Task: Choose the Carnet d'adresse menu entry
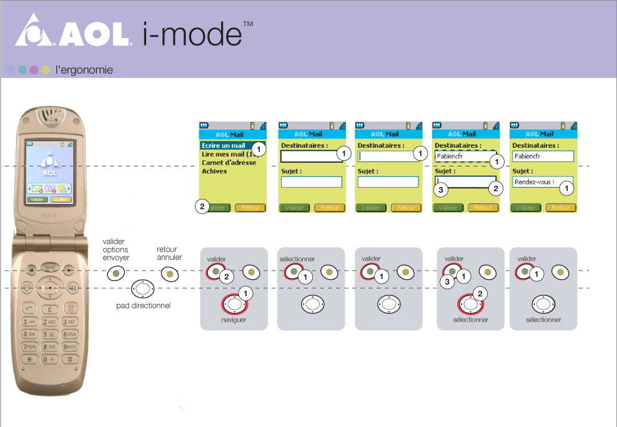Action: click(229, 163)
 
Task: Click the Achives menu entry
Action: click(214, 171)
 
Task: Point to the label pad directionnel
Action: click(143, 306)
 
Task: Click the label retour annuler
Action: click(169, 253)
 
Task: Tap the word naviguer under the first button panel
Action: click(234, 319)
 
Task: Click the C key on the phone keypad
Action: click(50, 309)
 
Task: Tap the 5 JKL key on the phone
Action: click(50, 334)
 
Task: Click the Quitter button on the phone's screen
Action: click(61, 199)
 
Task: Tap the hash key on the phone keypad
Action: click(70, 359)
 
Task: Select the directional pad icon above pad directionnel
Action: click(143, 289)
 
